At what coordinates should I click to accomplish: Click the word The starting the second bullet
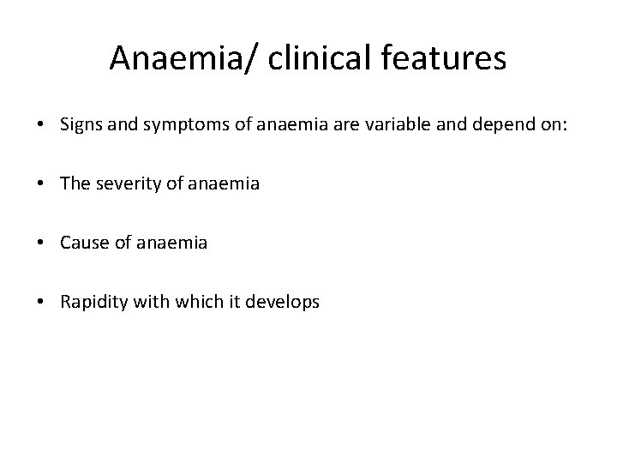pos(75,183)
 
